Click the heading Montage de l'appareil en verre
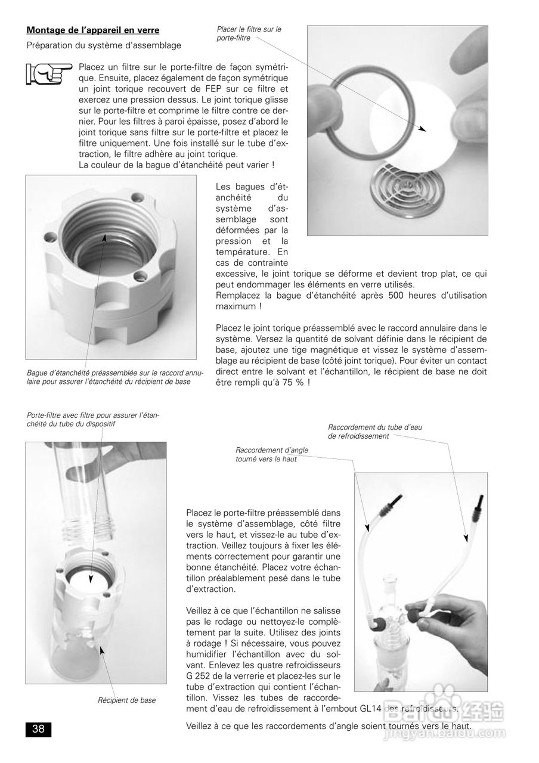[92, 30]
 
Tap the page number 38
[38, 728]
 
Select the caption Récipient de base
[126, 700]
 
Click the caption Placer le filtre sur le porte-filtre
[249, 33]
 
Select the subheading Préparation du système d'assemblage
[104, 45]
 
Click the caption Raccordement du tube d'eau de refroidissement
[374, 431]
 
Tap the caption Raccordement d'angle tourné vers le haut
[271, 454]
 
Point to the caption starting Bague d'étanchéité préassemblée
[115, 377]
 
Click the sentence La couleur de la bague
[176, 164]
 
